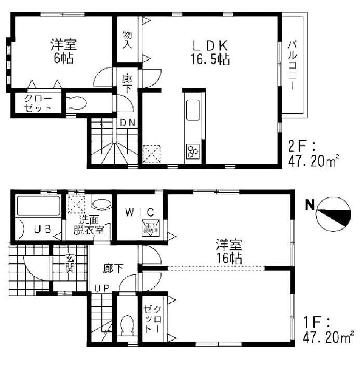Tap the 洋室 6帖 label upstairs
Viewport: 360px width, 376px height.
tap(62, 50)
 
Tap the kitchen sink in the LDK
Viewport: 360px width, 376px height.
tap(192, 110)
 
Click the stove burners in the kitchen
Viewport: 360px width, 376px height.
tap(192, 151)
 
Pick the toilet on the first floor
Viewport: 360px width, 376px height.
tap(126, 327)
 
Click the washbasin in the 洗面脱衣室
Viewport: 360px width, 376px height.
tap(102, 202)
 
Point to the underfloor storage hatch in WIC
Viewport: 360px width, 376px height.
tap(151, 227)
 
